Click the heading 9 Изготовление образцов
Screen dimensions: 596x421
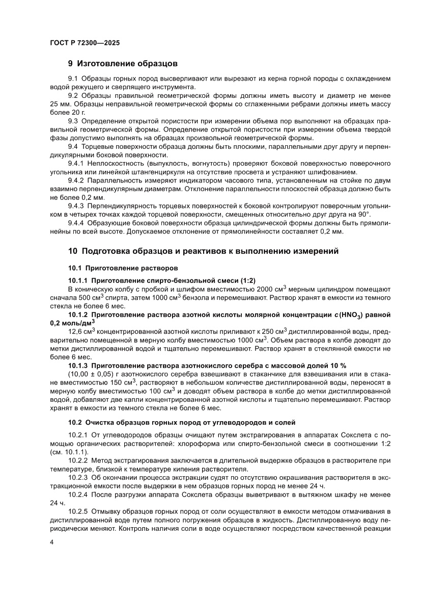(x=123, y=64)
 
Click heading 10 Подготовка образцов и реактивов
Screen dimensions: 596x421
(x=203, y=251)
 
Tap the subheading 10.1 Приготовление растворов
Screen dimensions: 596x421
(x=124, y=268)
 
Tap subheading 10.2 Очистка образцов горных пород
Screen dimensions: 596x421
(x=181, y=422)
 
